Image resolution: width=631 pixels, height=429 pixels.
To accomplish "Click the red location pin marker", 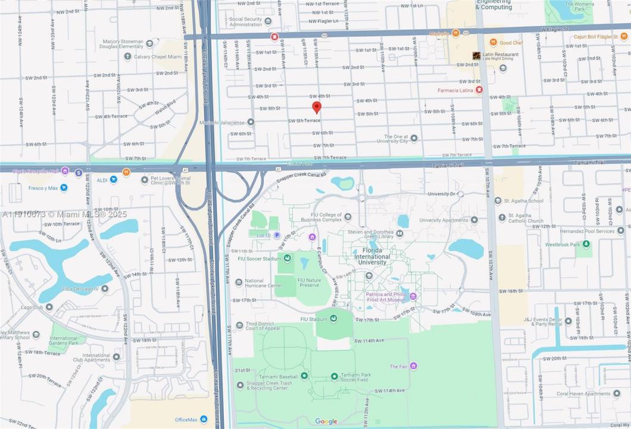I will coord(317,107).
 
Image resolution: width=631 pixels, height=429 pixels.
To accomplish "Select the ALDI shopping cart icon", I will coord(113,179).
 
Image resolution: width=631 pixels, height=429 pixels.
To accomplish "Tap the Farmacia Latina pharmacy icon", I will coord(479,90).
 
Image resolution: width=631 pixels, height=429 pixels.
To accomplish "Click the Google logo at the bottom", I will coord(326,421).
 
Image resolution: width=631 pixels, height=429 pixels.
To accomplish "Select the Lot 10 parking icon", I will coord(277,235).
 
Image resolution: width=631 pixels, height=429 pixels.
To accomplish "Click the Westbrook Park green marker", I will coord(586,244).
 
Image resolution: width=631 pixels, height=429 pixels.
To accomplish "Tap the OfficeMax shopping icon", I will coord(204,419).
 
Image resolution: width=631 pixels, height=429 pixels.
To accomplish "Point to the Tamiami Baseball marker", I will coord(304,376).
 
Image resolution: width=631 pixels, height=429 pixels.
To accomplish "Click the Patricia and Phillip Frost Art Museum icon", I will coord(413,297).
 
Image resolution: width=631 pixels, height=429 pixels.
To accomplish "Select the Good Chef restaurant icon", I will coord(493,43).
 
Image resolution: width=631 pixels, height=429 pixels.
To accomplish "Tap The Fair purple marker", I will coord(413,366).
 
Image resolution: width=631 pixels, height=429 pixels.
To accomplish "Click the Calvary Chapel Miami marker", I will coord(127,57).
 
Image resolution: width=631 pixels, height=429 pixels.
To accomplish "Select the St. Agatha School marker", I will coord(498,201).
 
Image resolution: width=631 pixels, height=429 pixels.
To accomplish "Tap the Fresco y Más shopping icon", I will coord(64,188).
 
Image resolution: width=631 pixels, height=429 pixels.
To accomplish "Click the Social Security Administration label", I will coord(245,21).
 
